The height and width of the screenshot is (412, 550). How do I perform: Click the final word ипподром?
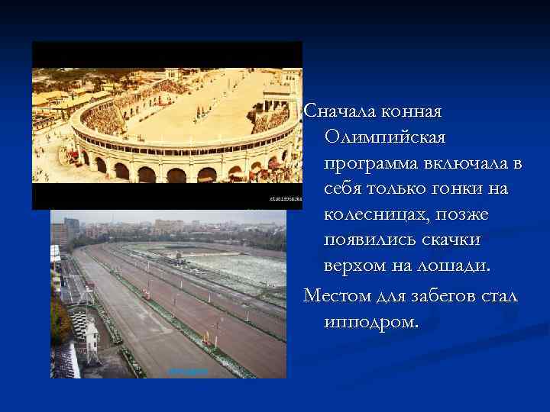[370, 321]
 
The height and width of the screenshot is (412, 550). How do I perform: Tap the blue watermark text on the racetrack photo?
[188, 372]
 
